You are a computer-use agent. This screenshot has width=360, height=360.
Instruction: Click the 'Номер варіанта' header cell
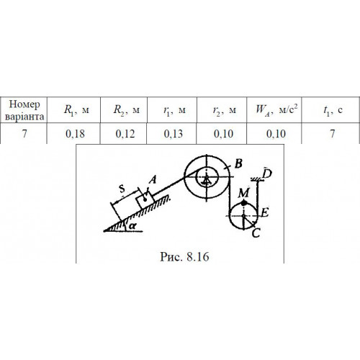click(24, 110)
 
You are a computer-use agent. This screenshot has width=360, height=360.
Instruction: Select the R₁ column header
click(76, 110)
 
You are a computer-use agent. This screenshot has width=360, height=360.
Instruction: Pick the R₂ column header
click(126, 110)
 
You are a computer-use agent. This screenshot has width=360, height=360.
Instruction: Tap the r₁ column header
click(174, 110)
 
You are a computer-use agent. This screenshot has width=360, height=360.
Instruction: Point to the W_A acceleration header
click(276, 109)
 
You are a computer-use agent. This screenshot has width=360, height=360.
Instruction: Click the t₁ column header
click(333, 110)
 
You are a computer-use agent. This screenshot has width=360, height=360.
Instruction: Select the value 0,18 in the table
click(75, 134)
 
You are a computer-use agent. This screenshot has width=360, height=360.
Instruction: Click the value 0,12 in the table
click(125, 134)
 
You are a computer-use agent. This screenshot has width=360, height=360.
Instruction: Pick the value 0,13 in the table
click(174, 134)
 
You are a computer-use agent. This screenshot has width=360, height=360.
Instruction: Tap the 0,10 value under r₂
click(223, 134)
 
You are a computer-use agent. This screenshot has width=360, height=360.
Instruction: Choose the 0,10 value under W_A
click(276, 134)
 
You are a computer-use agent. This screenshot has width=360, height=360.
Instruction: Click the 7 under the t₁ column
click(333, 134)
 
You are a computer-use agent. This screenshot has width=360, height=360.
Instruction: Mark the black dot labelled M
click(244, 203)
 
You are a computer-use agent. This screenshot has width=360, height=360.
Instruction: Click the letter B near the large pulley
click(238, 164)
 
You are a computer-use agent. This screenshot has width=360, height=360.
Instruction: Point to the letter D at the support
click(267, 174)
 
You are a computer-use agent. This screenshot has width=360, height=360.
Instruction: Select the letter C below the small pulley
click(256, 233)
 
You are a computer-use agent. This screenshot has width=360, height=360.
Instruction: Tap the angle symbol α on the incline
click(132, 226)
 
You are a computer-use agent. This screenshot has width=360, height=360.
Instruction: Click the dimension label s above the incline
click(122, 189)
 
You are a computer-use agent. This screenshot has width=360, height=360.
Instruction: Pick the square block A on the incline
click(145, 201)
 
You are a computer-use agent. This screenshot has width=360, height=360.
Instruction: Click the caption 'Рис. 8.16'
click(184, 256)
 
